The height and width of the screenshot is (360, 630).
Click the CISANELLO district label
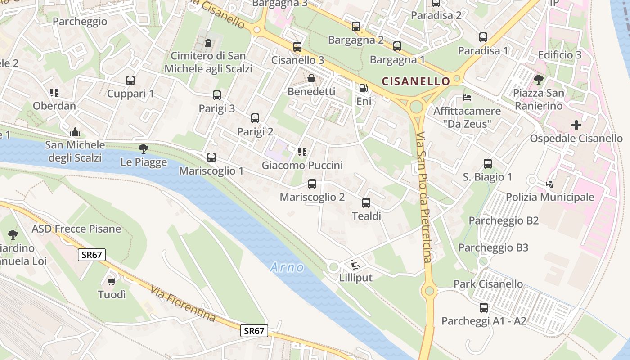click(x=415, y=81)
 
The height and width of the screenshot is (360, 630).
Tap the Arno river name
click(x=287, y=268)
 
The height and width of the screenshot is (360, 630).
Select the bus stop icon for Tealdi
click(x=366, y=203)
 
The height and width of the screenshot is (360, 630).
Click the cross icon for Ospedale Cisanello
click(x=576, y=125)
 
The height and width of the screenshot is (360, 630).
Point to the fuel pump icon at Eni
click(x=363, y=88)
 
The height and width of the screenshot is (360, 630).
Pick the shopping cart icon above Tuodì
click(x=112, y=282)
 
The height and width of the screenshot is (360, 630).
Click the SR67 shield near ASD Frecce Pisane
click(x=92, y=255)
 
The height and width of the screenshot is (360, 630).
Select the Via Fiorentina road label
click(x=183, y=304)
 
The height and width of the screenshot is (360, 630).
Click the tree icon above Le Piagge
click(x=144, y=148)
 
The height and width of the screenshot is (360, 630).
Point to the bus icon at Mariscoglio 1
click(x=211, y=157)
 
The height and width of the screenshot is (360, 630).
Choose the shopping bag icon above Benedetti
click(x=311, y=79)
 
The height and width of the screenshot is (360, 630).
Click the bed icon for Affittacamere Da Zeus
click(x=467, y=98)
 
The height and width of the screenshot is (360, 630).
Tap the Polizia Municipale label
click(x=550, y=197)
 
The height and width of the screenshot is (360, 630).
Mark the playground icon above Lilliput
click(x=355, y=264)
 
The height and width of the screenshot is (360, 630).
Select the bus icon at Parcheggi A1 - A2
click(x=484, y=308)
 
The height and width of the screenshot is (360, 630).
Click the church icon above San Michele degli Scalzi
click(x=75, y=132)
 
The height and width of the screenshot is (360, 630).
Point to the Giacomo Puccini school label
click(x=302, y=165)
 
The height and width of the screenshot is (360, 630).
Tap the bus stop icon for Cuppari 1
click(x=130, y=81)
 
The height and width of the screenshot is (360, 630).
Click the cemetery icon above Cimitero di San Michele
click(x=208, y=43)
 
